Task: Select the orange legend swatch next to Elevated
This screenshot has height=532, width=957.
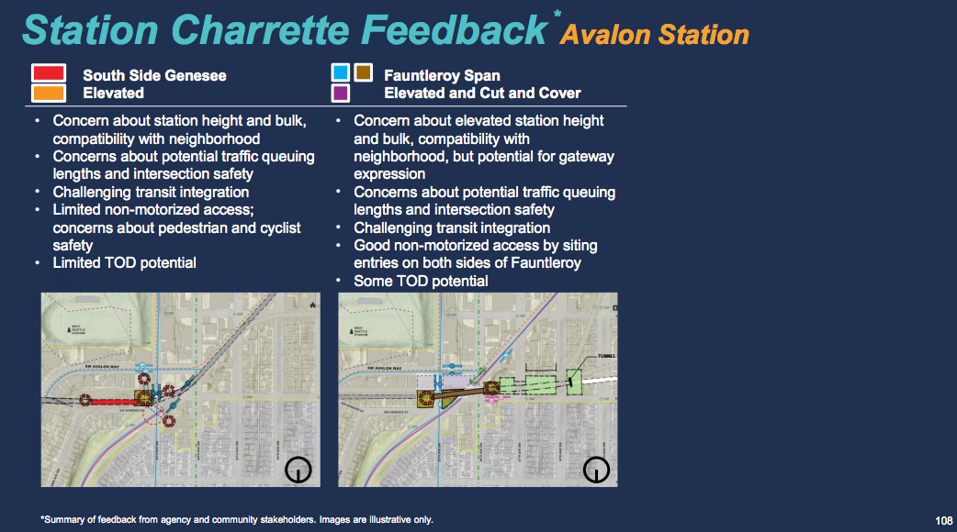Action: point(49,93)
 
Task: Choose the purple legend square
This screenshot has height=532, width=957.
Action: point(340,93)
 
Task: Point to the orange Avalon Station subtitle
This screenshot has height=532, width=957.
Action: point(655,35)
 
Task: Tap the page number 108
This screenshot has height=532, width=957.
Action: point(942,520)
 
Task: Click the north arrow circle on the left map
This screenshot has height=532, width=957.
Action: point(298,470)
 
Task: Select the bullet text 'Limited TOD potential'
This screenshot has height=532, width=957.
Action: point(124,263)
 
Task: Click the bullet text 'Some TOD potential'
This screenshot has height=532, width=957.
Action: point(421,281)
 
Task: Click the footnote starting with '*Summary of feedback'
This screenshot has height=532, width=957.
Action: point(237,520)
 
